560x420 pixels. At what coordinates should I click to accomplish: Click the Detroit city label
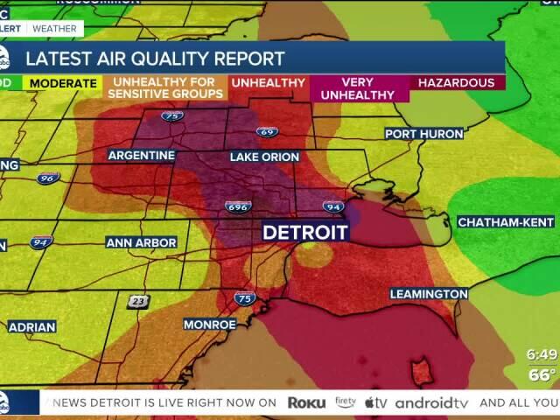[x=305, y=233]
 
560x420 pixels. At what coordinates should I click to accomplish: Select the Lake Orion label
[x=264, y=157]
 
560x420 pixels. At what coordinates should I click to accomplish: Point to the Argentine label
[x=142, y=155]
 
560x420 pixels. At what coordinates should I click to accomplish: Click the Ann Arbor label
[x=142, y=242]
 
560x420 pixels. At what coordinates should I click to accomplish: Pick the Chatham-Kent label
[x=506, y=222]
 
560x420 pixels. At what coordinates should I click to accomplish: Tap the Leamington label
[x=429, y=293]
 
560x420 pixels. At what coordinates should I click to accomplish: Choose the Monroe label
[x=210, y=324]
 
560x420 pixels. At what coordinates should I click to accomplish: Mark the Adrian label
[x=31, y=327]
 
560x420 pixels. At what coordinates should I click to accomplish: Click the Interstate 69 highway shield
[x=268, y=132]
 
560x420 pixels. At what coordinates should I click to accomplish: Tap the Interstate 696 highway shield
[x=237, y=207]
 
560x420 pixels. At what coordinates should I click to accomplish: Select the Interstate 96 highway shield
[x=48, y=178]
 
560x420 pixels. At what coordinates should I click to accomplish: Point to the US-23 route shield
[x=137, y=301]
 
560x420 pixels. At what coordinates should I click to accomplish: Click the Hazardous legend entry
[x=456, y=83]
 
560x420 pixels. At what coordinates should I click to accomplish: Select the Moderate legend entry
[x=62, y=83]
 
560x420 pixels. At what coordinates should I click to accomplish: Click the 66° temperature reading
[x=542, y=374]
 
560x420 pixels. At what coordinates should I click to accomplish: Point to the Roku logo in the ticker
[x=306, y=402]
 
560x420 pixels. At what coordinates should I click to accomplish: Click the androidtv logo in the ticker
[x=431, y=402]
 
